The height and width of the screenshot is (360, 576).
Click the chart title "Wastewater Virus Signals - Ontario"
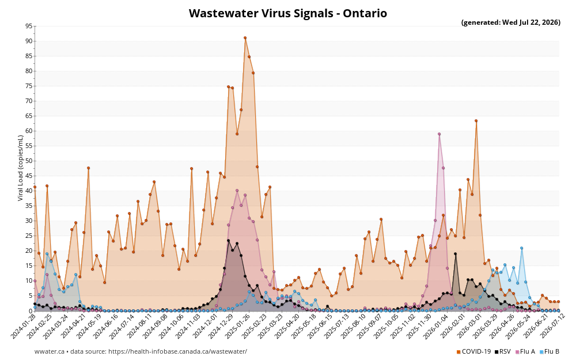click(x=287, y=13)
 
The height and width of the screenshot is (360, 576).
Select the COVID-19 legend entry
click(x=473, y=351)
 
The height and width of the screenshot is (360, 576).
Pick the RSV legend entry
click(x=502, y=351)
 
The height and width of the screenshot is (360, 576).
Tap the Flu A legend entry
click(x=525, y=351)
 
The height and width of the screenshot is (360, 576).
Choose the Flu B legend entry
click(x=549, y=351)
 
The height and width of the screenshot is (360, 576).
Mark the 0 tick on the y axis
click(x=31, y=311)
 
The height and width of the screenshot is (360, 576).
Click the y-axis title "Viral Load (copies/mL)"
click(x=20, y=168)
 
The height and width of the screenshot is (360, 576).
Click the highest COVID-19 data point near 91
click(x=245, y=38)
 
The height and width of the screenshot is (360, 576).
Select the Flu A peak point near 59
click(x=439, y=134)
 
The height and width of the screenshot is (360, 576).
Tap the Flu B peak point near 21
click(x=521, y=248)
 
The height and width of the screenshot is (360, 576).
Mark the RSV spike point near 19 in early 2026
click(x=456, y=254)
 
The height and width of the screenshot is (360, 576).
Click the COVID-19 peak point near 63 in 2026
click(x=476, y=121)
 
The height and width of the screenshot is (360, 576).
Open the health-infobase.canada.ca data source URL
click(x=178, y=351)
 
